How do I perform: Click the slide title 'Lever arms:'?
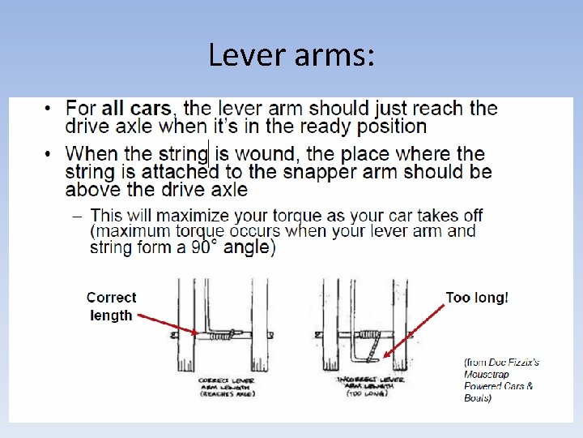pyautogui.click(x=291, y=55)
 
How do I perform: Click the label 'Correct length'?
pyautogui.click(x=111, y=307)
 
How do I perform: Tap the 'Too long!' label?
pyautogui.click(x=477, y=298)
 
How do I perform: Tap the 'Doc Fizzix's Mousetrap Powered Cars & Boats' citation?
pyautogui.click(x=500, y=380)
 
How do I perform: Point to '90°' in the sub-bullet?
pyautogui.click(x=204, y=247)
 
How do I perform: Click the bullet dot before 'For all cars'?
pyautogui.click(x=49, y=108)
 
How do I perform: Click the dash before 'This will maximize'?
pyautogui.click(x=79, y=216)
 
